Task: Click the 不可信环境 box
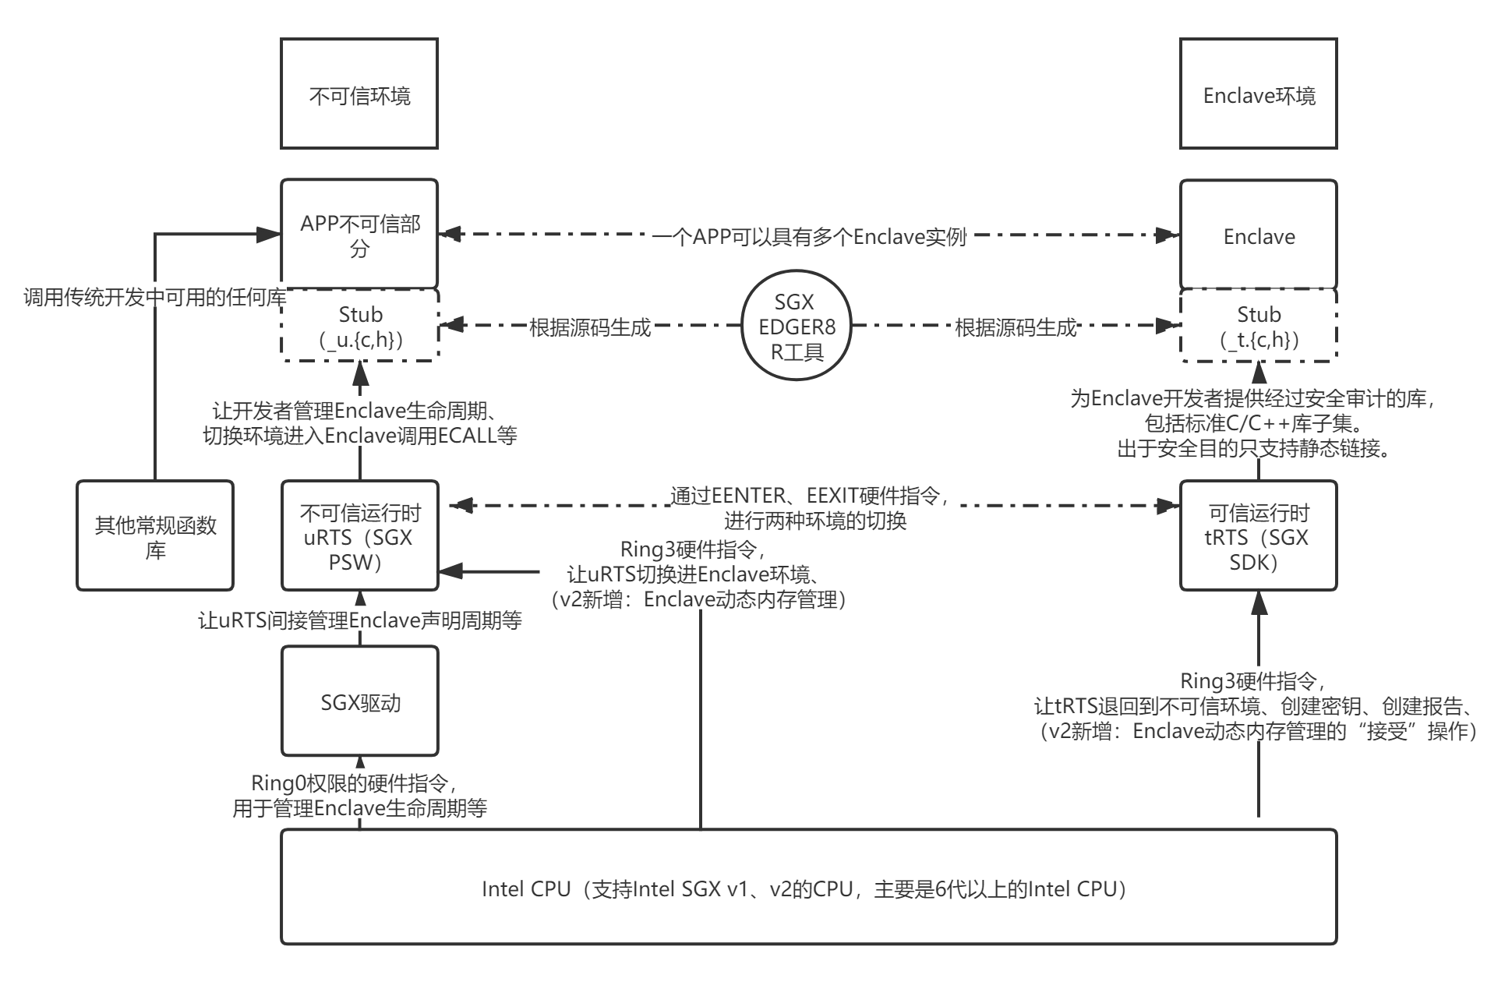(359, 94)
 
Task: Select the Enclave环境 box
(1259, 94)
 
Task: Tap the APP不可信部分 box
(359, 235)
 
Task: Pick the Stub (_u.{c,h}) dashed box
(359, 326)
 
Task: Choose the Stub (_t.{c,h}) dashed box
(1259, 326)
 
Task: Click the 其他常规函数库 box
(155, 536)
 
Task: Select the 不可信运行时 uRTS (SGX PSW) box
(359, 536)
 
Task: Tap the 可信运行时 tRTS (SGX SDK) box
(1259, 536)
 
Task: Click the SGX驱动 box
(359, 702)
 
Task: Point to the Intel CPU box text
(807, 888)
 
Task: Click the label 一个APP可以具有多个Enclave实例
(809, 236)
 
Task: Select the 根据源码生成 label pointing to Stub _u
(590, 327)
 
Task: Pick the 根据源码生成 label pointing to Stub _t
(1016, 327)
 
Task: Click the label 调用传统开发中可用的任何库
(154, 297)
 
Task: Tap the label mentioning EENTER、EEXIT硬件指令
(814, 507)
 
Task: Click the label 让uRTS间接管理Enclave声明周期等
(359, 620)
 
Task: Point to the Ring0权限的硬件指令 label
(359, 794)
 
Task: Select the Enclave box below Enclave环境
(1259, 236)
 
